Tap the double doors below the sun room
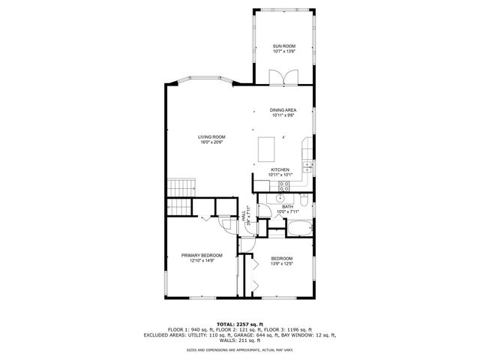278,77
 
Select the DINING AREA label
283,110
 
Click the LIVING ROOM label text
211,136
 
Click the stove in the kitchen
283,186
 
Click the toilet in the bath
301,199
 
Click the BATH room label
288,206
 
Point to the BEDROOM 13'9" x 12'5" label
281,259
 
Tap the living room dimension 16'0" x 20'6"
211,142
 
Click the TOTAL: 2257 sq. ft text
239,323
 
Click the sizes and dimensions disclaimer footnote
239,349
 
